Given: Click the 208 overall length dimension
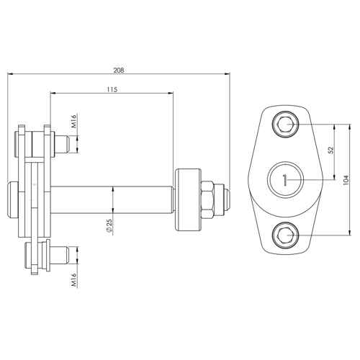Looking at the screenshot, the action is tap(119, 71).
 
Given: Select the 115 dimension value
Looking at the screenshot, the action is tap(112, 90).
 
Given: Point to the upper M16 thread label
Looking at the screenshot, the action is tap(74, 121).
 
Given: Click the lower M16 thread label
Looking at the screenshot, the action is tap(74, 279).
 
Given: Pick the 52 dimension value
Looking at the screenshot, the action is tap(331, 150).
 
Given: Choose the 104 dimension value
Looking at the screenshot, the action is tap(346, 180).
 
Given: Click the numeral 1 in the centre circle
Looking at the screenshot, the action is tap(285, 180).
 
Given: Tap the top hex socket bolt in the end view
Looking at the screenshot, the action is tap(285, 125).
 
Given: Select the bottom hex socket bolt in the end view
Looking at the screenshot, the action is tap(285, 235).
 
